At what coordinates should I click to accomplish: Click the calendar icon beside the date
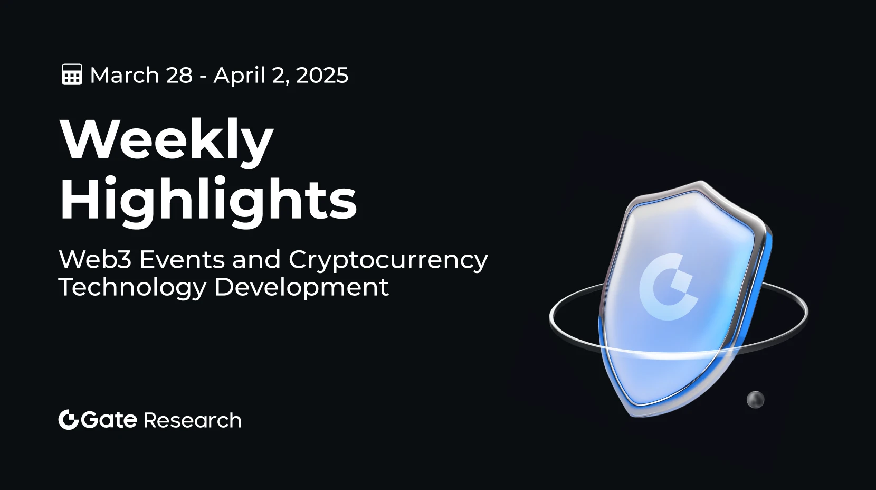click(72, 74)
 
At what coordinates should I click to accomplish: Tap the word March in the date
click(125, 75)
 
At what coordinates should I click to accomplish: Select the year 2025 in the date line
click(322, 75)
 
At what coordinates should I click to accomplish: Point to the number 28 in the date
click(179, 75)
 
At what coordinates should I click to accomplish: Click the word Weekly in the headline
click(167, 140)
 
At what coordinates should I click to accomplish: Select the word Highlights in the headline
click(208, 201)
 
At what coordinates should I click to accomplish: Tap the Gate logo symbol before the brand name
click(69, 420)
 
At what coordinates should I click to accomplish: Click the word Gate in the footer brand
click(109, 420)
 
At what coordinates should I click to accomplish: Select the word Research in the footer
click(192, 420)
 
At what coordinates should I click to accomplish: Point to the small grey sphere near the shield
click(755, 400)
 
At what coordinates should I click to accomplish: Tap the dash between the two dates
click(203, 77)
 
